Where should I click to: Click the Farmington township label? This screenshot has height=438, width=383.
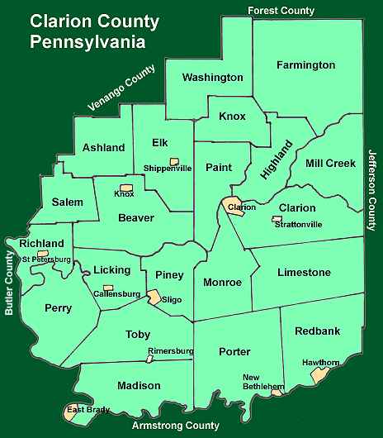pyautogui.click(x=305, y=64)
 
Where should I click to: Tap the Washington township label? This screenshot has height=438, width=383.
pyautogui.click(x=212, y=77)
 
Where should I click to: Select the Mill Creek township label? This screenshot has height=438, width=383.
pyautogui.click(x=330, y=163)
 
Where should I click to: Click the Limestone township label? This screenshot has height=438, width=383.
pyautogui.click(x=304, y=272)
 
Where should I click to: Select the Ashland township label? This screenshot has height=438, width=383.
pyautogui.click(x=104, y=148)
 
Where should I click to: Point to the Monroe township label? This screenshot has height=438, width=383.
pyautogui.click(x=222, y=282)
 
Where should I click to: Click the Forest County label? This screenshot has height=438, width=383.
pyautogui.click(x=281, y=11)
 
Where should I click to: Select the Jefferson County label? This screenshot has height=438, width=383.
pyautogui.click(x=372, y=190)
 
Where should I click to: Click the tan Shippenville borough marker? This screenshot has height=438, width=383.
pyautogui.click(x=174, y=160)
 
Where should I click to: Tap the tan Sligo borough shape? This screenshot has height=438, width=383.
pyautogui.click(x=154, y=297)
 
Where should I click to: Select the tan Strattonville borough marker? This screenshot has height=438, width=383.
pyautogui.click(x=276, y=219)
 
